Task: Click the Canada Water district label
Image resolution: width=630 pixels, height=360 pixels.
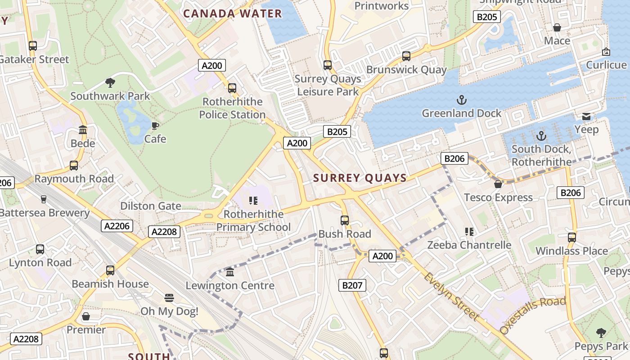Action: point(232,13)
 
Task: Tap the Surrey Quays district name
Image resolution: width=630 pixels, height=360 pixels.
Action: point(360,178)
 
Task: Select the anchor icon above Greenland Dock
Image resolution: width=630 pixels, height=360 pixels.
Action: point(461,99)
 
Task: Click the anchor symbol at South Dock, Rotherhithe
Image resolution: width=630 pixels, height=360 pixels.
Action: point(541,135)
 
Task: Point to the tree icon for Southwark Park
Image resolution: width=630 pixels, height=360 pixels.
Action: point(110,82)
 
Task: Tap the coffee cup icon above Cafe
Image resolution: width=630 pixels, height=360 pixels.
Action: point(155,126)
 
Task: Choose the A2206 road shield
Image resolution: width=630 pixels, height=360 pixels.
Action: point(117,226)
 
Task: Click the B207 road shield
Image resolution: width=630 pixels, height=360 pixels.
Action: point(352,285)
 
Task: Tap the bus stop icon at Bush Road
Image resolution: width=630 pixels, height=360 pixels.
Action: point(345,220)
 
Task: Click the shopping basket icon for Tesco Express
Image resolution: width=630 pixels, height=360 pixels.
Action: point(498,184)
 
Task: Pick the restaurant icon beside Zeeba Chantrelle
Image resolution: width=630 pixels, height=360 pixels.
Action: point(469,232)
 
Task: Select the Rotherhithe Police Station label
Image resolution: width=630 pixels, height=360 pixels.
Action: point(232,108)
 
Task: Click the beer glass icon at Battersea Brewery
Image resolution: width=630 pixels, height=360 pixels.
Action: point(44,199)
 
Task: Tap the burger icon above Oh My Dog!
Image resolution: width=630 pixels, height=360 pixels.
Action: point(169,298)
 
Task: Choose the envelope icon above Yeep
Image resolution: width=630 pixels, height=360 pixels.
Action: point(586,117)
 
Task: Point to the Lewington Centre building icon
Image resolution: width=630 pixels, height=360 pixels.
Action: point(230,272)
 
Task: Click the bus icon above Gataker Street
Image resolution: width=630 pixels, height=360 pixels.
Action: point(32,46)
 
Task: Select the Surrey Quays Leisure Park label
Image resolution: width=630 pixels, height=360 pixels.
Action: point(328,85)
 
